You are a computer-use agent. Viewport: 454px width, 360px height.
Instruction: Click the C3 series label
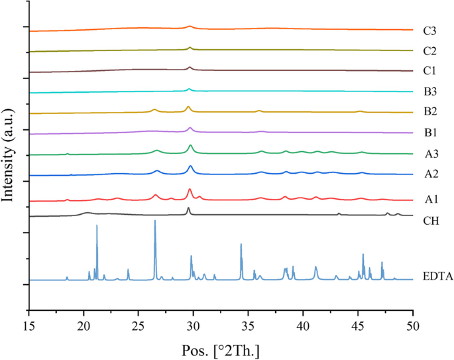point(429,30)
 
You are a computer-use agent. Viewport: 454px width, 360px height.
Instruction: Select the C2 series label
point(429,51)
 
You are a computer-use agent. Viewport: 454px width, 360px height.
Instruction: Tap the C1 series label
point(429,71)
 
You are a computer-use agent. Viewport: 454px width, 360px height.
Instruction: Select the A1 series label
point(429,199)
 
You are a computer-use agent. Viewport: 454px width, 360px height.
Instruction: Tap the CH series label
point(430,220)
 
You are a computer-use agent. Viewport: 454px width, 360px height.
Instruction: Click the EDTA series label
point(437,276)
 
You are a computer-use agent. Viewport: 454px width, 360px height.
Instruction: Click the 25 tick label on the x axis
point(138,325)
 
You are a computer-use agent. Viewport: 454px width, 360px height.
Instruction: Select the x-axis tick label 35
point(248,325)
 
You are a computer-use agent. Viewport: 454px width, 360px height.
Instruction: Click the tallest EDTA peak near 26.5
point(155,221)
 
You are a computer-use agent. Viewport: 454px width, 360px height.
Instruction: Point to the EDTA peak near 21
point(97,226)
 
